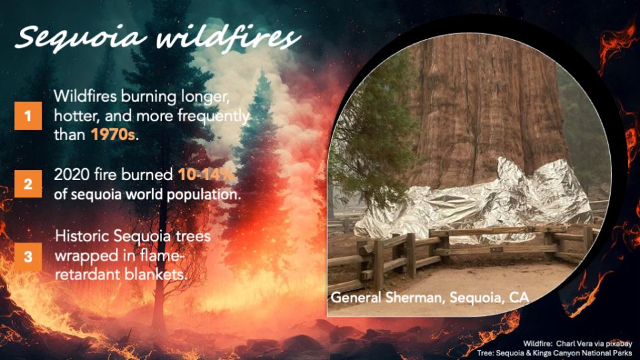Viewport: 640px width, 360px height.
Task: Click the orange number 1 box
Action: [28, 116]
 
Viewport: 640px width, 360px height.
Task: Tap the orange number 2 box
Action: [28, 184]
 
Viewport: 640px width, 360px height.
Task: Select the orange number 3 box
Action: [28, 257]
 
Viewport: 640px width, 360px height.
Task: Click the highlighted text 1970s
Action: [113, 134]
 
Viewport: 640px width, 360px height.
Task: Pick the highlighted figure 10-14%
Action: [206, 175]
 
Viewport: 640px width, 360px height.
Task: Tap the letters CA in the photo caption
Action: [519, 297]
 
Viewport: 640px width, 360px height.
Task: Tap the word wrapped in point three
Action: [85, 256]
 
